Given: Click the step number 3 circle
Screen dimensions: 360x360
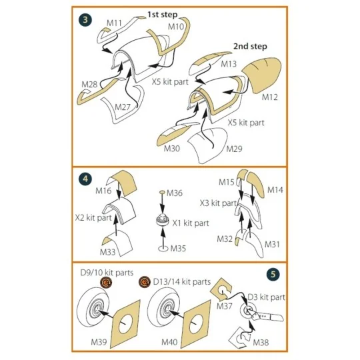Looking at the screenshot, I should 86,19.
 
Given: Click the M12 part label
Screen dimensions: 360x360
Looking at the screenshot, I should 269,97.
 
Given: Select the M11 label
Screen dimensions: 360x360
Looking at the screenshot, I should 114,23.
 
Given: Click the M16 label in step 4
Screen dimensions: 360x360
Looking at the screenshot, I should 104,191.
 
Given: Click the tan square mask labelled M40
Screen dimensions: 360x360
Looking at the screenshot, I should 199,323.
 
